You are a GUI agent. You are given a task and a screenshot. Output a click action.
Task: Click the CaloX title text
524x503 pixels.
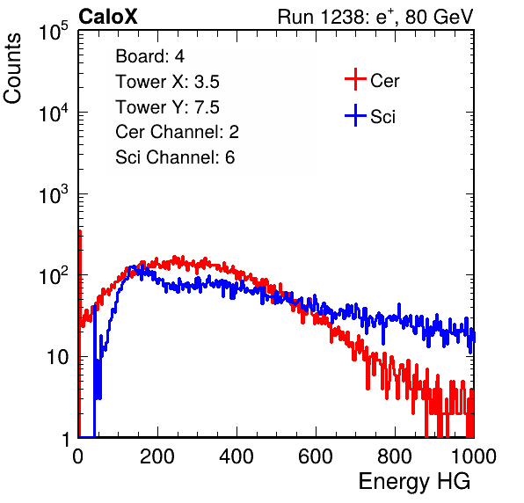108,17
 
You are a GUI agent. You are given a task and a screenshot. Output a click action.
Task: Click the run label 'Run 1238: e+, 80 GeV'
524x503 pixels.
375,17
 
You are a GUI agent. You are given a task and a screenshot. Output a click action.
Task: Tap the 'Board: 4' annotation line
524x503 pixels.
149,56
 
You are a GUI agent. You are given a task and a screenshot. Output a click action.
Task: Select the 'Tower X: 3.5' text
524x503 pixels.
167,82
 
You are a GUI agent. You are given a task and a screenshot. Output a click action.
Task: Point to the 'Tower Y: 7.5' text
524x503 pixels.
167,107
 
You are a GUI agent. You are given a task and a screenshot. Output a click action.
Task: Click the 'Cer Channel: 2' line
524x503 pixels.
177,132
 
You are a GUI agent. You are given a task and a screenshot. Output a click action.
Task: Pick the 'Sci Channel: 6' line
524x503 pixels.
175,157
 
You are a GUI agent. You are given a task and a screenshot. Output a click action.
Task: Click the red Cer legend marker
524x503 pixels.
355,79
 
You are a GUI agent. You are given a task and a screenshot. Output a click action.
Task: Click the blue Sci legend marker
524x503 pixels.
355,115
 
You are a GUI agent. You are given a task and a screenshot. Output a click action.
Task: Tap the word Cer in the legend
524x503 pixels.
384,81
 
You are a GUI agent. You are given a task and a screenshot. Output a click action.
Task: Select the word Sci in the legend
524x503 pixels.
382,117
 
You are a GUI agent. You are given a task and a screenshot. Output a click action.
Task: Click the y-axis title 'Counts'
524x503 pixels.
12,68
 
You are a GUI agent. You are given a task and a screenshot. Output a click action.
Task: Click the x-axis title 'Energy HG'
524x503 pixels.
414,482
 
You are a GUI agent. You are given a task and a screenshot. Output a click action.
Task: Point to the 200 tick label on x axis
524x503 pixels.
157,456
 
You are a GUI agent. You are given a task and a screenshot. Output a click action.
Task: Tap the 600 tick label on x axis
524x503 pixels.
316,456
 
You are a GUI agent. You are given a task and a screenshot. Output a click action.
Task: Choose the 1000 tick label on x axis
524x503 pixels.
474,456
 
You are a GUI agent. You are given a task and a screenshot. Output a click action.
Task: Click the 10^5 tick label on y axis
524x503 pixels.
54,31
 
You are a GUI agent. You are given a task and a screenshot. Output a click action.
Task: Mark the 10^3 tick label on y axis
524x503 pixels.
54,194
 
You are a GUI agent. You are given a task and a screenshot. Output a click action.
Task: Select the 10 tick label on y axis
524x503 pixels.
57,357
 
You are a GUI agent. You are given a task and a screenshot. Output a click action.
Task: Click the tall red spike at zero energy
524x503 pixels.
80,333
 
